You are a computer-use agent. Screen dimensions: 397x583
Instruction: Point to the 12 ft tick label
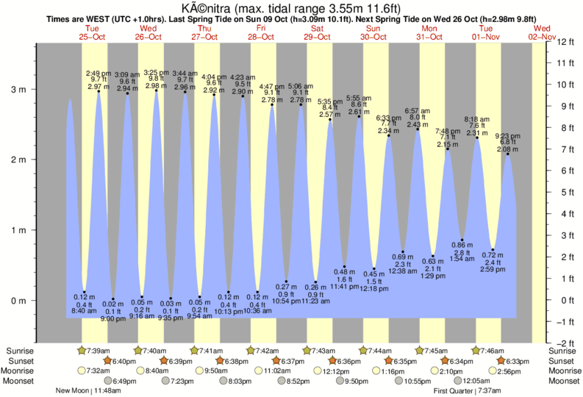tap(567, 41)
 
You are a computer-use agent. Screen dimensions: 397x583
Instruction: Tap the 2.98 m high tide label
tap(154, 85)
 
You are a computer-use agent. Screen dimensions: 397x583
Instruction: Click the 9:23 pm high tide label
tap(507, 136)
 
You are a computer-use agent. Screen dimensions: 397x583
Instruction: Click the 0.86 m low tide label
tap(462, 244)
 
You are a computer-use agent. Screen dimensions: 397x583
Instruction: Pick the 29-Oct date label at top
tap(318, 36)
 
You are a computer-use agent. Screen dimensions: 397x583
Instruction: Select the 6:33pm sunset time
tap(518, 361)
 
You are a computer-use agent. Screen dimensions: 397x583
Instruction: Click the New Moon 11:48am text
tap(87, 391)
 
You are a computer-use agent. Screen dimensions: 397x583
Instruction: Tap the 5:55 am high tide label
tap(359, 98)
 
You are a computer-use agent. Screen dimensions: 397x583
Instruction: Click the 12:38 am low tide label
tap(403, 271)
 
